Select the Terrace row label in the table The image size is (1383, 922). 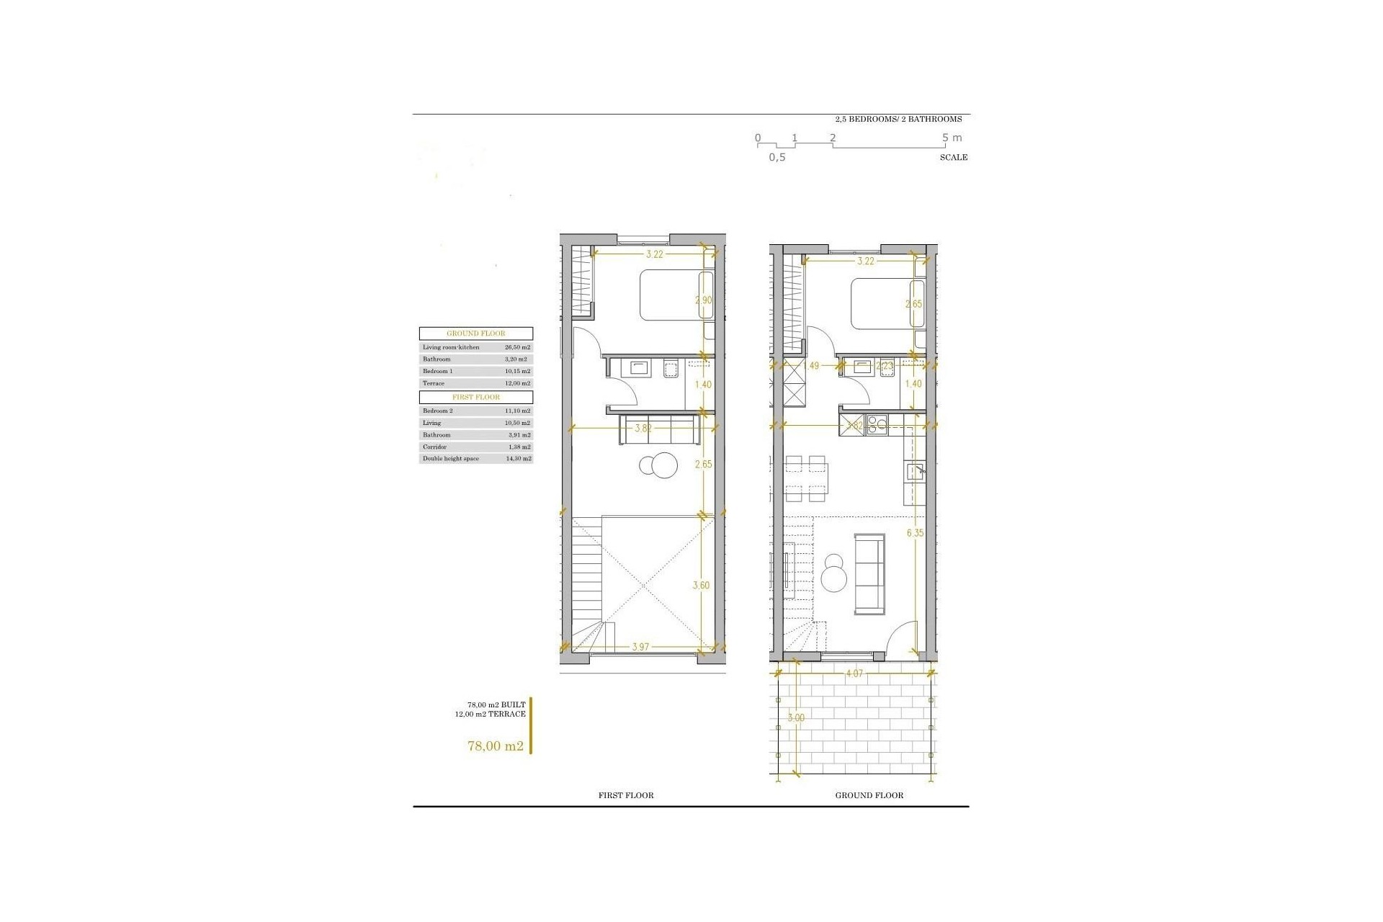point(434,383)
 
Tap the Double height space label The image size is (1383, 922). point(451,459)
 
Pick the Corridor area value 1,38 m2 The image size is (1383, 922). point(518,447)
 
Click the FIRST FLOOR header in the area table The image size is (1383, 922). point(476,397)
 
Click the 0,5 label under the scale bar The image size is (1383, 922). point(777,158)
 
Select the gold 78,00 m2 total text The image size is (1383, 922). point(496,746)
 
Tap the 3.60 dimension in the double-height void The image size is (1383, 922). point(701,586)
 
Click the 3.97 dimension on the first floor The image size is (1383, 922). point(640,647)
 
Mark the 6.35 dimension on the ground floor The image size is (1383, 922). point(915,533)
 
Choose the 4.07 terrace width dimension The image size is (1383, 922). point(854,674)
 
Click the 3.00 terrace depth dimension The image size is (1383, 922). point(796,718)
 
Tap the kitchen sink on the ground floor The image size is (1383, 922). point(915,472)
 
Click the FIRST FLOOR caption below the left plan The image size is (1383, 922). point(626,796)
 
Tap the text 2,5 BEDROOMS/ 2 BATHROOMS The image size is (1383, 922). point(898,120)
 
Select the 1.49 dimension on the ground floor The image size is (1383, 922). point(811,366)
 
